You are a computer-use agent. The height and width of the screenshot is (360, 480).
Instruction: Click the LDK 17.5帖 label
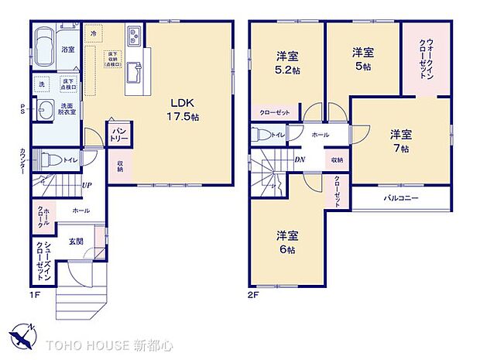tap(185, 109)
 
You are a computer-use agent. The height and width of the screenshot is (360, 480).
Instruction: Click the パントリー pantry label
tap(118, 134)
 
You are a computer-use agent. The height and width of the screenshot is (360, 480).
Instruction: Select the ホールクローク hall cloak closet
tap(43, 218)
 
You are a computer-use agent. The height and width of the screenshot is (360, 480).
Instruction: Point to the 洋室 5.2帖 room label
tap(288, 62)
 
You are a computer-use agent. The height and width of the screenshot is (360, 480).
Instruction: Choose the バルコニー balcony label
tap(402, 198)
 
